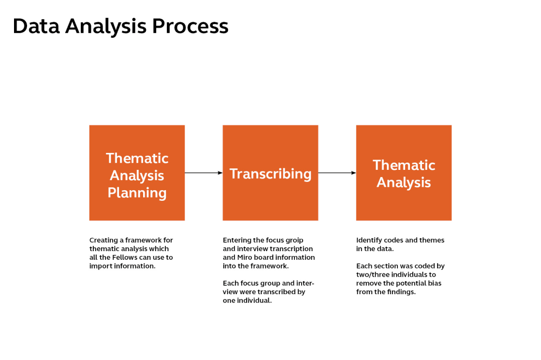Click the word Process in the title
point(190,26)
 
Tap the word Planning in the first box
point(137,193)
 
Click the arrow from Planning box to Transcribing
point(203,173)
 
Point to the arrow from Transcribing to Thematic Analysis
point(337,173)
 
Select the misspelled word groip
point(293,240)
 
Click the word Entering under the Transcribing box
point(237,240)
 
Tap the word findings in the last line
point(401,292)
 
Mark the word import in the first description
point(100,266)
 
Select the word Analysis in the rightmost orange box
point(404,183)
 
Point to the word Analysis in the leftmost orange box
point(137,176)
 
